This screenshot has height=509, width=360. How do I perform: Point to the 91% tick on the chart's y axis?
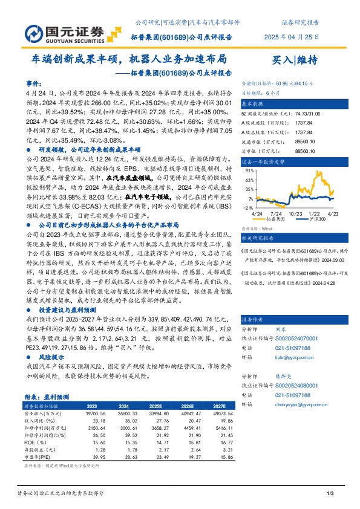249,170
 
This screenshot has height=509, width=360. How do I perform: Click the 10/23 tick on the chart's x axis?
295,215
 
